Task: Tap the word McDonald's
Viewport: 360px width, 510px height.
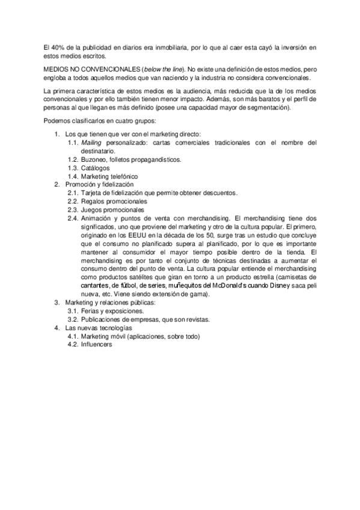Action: pyautogui.click(x=233, y=286)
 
